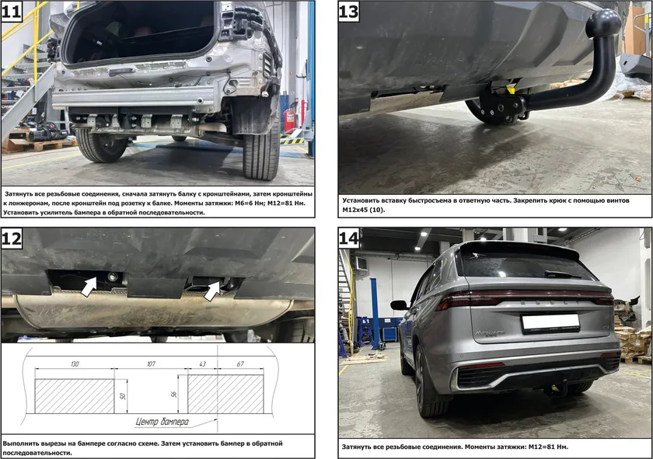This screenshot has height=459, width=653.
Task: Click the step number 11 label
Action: [x=11, y=11]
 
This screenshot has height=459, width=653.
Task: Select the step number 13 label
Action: [x=348, y=11]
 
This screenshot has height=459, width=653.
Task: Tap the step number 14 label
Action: [x=348, y=238]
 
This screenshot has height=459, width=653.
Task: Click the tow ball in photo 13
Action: [x=602, y=23]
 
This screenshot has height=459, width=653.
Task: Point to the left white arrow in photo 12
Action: [x=89, y=287]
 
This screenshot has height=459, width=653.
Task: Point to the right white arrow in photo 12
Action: [x=212, y=290]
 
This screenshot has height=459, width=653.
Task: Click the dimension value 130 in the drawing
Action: [x=75, y=364]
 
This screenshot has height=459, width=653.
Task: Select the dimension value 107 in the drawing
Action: [x=151, y=364]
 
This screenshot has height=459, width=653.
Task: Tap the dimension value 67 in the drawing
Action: [x=240, y=364]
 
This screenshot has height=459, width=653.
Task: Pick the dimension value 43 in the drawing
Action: [x=202, y=364]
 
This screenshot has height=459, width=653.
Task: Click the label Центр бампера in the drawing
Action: [x=162, y=422]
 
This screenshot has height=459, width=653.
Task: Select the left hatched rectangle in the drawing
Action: [x=75, y=396]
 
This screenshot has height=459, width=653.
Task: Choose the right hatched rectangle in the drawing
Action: [x=225, y=394]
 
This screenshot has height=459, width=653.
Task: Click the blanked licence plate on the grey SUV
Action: [x=550, y=323]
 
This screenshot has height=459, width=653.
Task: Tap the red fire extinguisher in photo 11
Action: [x=289, y=120]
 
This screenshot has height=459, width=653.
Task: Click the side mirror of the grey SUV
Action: [x=399, y=305]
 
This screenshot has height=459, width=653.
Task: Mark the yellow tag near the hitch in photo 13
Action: [x=510, y=89]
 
